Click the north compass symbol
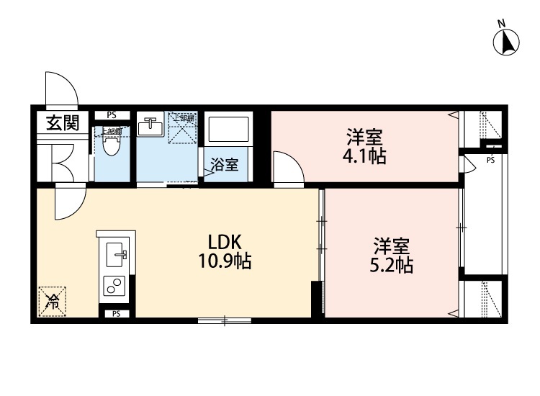coord(507,41)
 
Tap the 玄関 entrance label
coord(63,124)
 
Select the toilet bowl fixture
coord(110,144)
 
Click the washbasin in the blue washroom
coord(151,127)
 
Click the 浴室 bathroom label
coord(225,165)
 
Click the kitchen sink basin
coord(115,254)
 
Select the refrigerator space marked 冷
coord(52,302)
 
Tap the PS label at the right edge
coord(490,159)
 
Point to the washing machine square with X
coord(182,128)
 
